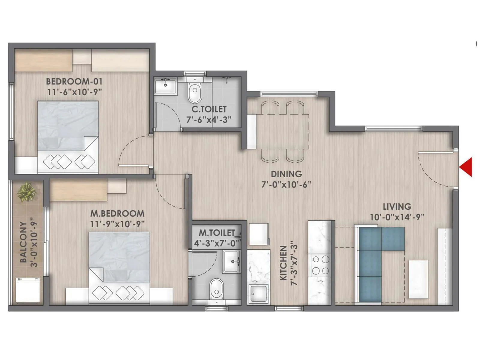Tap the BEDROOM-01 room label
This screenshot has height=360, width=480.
pos(74,81)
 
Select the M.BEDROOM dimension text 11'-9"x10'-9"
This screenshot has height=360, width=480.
pos(117,224)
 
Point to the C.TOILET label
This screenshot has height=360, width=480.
pos(209,109)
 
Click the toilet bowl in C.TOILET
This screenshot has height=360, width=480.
pos(195,91)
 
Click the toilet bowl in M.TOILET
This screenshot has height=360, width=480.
pos(216,288)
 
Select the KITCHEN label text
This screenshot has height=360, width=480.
pos(283,263)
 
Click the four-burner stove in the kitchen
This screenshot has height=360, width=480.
pos(320,265)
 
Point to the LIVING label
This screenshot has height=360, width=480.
pos(397,207)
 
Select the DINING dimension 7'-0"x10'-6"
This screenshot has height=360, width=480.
pos(286,184)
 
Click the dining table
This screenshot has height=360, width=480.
pos(283,131)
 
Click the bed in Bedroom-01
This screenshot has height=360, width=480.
pos(68,136)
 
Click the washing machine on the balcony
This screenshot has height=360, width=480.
pos(28,290)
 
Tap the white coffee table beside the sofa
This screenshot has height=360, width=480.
pos(418,279)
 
